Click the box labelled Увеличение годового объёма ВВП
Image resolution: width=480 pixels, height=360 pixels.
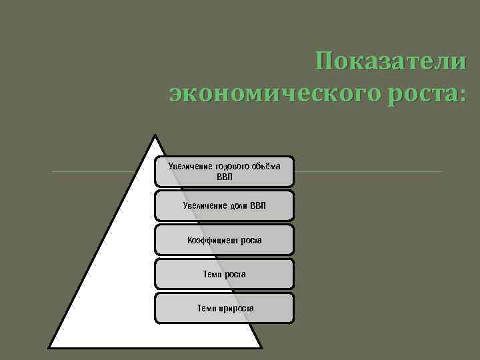(224, 171)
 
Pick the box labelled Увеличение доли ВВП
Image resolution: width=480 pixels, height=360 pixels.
(224, 205)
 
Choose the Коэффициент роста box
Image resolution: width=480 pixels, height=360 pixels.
(224, 240)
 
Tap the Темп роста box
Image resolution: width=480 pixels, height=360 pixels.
(224, 274)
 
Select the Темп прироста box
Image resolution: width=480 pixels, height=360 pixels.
(224, 308)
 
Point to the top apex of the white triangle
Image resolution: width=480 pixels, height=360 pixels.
(155, 136)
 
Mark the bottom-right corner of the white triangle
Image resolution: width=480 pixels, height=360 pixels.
(261, 347)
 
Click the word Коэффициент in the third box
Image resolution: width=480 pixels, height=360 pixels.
(209, 240)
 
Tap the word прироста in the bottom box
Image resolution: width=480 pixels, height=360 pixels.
(234, 308)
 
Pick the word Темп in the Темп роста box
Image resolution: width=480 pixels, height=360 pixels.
(213, 274)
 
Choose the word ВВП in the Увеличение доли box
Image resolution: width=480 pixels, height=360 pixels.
(258, 205)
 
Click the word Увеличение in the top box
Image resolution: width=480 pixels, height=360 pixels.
(190, 166)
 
